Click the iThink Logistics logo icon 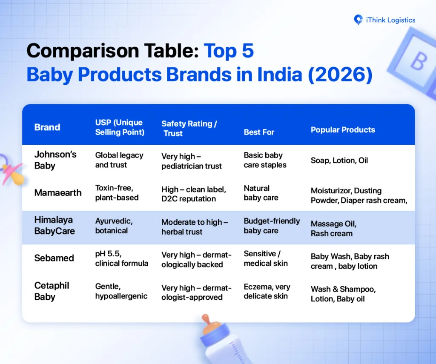pos(358,20)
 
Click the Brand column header pos(47,127)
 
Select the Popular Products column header pos(343,130)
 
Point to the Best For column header pos(259,132)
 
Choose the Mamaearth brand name pos(58,193)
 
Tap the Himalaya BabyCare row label pos(54,226)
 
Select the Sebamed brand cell pos(54,258)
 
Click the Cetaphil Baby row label pos(52,291)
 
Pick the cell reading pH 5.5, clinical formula pos(122,258)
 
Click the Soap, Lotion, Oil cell pos(339,161)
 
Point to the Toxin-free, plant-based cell pos(117,193)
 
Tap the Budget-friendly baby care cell pos(272,226)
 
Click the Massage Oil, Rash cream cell pos(333,229)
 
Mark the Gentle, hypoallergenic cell pos(121,291)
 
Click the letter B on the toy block pos(418,62)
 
